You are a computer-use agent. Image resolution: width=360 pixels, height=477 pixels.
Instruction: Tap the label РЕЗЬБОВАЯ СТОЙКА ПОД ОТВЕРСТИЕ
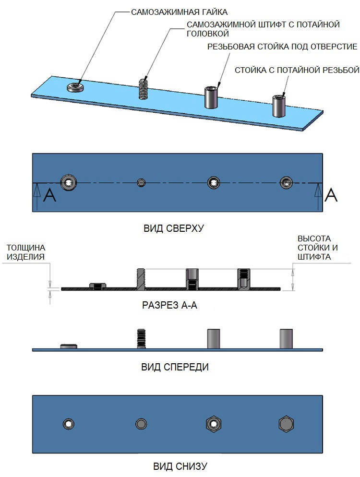(x=282, y=47)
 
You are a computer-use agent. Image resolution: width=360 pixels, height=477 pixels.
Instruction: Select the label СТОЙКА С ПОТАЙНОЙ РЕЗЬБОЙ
(x=297, y=71)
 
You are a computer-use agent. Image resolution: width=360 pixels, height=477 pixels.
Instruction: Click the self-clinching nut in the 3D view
(x=75, y=87)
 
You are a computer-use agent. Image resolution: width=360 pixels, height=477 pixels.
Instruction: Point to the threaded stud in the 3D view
(x=143, y=88)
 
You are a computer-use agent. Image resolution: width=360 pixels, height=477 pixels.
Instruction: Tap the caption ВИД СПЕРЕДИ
(x=175, y=367)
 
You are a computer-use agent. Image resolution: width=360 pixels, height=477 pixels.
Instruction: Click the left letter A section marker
(x=49, y=195)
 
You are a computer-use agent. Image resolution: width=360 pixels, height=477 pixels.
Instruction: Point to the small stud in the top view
(x=141, y=182)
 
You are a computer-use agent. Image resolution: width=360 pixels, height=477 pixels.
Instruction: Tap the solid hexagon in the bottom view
(x=286, y=424)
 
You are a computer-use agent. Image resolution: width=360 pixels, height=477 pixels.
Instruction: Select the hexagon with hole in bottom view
(x=212, y=424)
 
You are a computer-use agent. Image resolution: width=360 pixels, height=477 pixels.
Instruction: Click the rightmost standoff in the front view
(x=286, y=338)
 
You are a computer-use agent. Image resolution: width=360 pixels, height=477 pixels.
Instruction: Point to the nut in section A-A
(x=98, y=286)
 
